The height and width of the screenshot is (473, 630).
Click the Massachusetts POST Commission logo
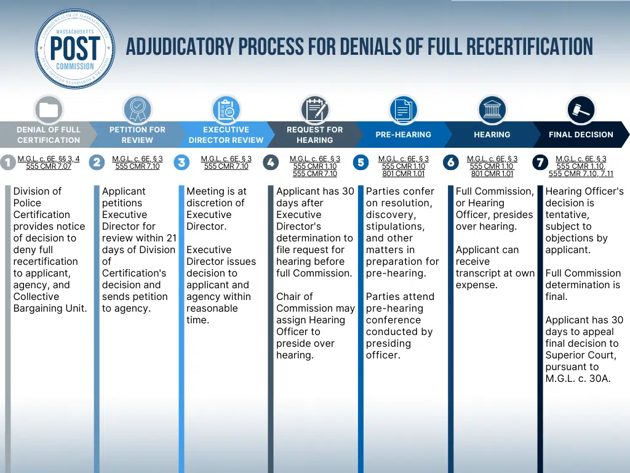tap(75, 49)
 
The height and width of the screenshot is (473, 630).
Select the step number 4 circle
tap(271, 163)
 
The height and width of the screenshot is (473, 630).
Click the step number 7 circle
tap(540, 163)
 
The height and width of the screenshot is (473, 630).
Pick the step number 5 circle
tap(361, 163)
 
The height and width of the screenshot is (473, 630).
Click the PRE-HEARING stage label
tap(404, 134)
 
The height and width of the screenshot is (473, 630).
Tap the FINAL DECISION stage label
tap(581, 134)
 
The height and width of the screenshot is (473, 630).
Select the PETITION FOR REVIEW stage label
tap(137, 135)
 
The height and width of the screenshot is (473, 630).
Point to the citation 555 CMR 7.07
tap(49, 166)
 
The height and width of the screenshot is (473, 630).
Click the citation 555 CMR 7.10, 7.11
tap(581, 174)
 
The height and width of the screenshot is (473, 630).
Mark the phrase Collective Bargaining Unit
tap(50, 302)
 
